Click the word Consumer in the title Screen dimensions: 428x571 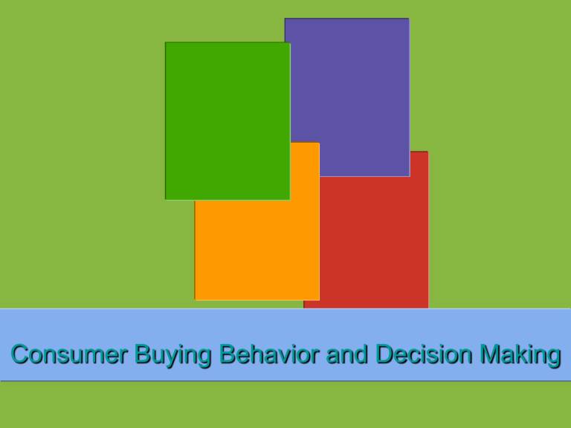pyautogui.click(x=70, y=355)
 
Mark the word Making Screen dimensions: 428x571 pyautogui.click(x=520, y=357)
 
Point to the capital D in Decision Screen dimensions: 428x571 pyautogui.click(x=384, y=355)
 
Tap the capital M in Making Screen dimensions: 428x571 pyautogui.click(x=491, y=355)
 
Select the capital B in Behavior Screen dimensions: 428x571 pyautogui.click(x=226, y=355)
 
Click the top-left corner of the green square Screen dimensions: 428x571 pyautogui.click(x=166, y=42)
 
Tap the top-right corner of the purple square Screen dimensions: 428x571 pyautogui.click(x=408, y=19)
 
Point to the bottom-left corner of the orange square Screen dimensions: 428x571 pyautogui.click(x=196, y=299)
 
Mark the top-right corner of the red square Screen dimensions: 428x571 pyautogui.click(x=428, y=152)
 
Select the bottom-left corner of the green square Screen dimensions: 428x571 pyautogui.click(x=166, y=198)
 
